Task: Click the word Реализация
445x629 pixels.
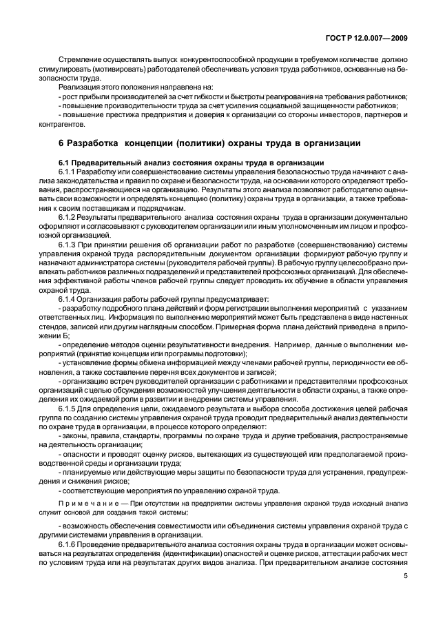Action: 80,87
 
